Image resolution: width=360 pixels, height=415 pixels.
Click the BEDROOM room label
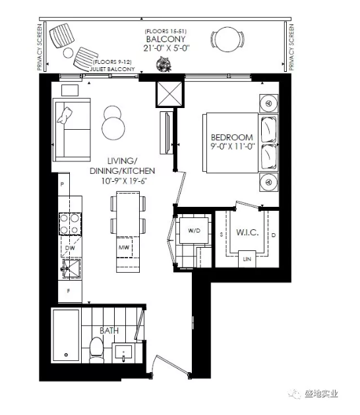click(x=232, y=137)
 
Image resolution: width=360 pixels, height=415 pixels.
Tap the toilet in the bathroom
click(x=96, y=350)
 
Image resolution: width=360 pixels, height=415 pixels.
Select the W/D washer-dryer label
click(x=194, y=231)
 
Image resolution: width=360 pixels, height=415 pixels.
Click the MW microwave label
click(x=124, y=248)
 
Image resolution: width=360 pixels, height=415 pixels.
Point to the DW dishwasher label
click(x=70, y=248)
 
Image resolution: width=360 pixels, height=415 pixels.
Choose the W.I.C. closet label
click(x=247, y=233)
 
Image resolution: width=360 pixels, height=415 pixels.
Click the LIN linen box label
click(x=247, y=259)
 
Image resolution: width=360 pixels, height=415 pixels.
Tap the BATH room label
click(x=109, y=331)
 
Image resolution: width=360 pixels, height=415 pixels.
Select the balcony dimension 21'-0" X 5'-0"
click(x=167, y=49)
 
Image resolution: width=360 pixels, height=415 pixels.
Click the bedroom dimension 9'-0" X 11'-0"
click(x=233, y=146)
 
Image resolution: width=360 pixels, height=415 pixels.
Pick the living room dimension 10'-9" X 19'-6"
click(x=124, y=181)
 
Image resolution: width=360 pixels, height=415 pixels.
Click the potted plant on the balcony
click(x=164, y=65)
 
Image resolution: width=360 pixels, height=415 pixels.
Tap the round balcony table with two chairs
click(x=227, y=40)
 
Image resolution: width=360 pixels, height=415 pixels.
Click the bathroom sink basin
click(x=124, y=353)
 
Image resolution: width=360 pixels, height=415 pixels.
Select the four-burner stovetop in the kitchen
click(x=70, y=224)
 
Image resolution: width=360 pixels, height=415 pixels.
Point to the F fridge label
click(x=69, y=291)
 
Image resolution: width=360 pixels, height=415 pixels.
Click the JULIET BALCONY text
click(x=112, y=69)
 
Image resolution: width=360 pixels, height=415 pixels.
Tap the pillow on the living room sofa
click(x=65, y=115)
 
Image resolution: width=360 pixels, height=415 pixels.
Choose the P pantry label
click(x=62, y=184)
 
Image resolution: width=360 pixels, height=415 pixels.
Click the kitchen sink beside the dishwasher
click(x=71, y=268)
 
